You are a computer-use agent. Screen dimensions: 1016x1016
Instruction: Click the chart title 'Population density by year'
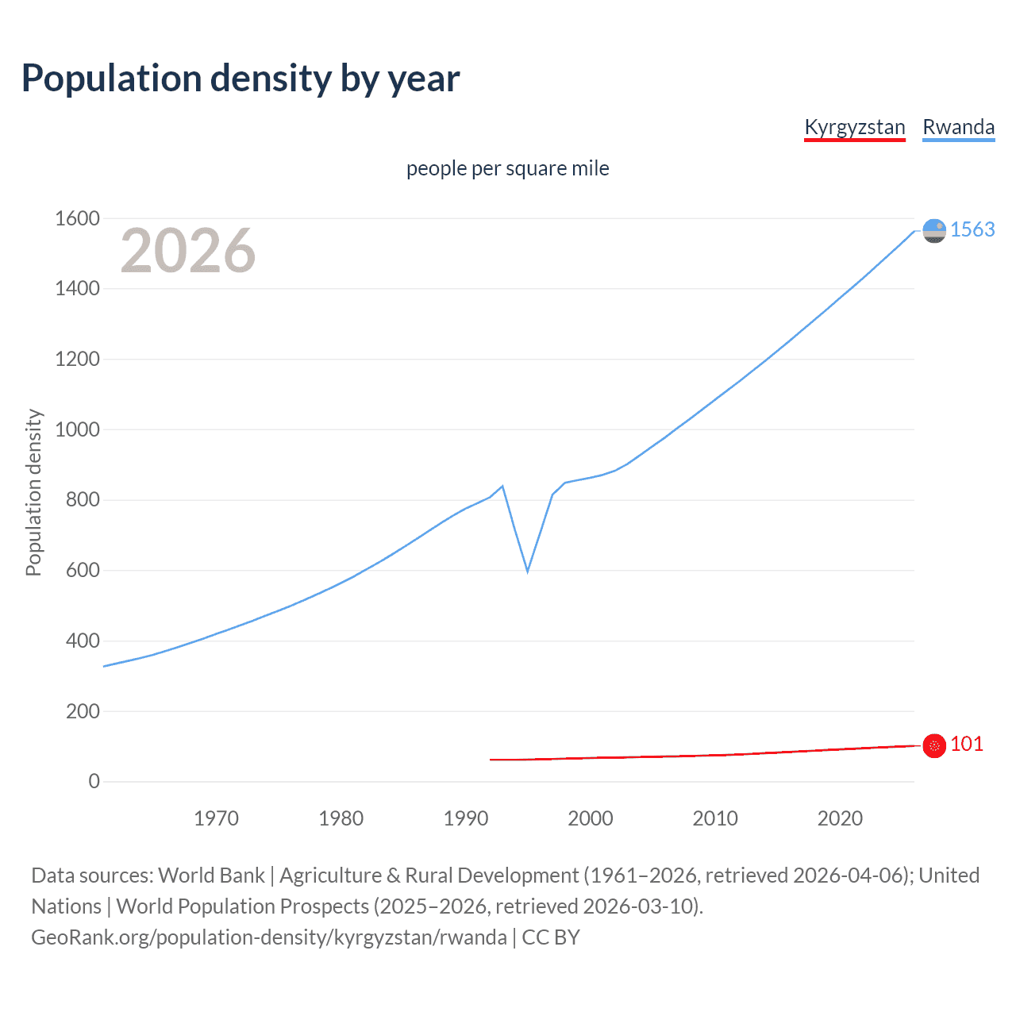click(x=241, y=79)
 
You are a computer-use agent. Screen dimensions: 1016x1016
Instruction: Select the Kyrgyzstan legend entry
click(x=854, y=128)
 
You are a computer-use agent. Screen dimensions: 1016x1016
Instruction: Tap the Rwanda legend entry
click(x=958, y=128)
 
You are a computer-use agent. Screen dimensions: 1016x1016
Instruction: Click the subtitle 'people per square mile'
click(x=507, y=168)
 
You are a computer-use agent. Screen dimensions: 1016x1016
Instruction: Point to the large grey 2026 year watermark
click(x=188, y=251)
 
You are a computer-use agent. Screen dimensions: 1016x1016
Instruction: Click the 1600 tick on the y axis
click(x=77, y=218)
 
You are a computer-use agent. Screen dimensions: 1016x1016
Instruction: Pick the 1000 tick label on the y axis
click(x=77, y=429)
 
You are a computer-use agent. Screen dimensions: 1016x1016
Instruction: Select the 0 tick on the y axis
click(x=94, y=781)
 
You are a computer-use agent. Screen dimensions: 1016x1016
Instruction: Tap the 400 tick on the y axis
click(x=83, y=641)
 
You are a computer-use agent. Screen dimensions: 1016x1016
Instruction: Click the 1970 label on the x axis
click(x=216, y=818)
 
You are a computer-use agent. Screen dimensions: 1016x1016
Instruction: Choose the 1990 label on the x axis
click(x=466, y=818)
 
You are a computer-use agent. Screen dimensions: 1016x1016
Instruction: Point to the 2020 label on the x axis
click(x=840, y=818)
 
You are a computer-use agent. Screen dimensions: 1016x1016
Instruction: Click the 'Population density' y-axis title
click(x=33, y=492)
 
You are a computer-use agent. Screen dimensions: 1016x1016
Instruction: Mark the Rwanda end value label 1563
click(x=972, y=229)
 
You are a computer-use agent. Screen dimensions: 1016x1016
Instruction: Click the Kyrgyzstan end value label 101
click(x=966, y=744)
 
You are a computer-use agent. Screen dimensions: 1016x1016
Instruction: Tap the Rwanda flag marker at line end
click(x=934, y=230)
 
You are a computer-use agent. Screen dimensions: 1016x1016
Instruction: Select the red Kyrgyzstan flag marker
click(x=934, y=745)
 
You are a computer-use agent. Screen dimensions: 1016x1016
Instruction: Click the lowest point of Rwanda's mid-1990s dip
click(x=527, y=571)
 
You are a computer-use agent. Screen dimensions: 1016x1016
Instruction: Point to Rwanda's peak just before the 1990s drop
click(x=502, y=486)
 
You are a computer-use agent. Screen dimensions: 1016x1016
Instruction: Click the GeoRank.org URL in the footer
click(x=268, y=937)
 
